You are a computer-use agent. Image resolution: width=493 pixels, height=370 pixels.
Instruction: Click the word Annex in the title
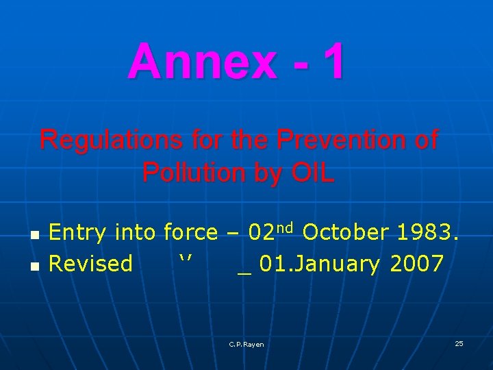click(x=202, y=61)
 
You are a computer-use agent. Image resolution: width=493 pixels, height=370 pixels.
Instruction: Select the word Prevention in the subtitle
click(x=338, y=140)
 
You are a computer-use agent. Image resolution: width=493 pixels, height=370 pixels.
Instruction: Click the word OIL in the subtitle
click(x=314, y=173)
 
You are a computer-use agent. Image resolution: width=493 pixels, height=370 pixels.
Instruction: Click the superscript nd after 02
click(x=286, y=227)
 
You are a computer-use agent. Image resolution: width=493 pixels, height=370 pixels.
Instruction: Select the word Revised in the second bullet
click(x=91, y=263)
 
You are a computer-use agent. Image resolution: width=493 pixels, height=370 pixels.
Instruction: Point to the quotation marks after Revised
click(x=186, y=259)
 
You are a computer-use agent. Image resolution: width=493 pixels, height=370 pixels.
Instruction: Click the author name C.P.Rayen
click(x=246, y=344)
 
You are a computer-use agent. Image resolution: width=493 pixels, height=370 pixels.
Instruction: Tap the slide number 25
click(x=459, y=343)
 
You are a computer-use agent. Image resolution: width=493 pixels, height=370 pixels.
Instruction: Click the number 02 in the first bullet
click(x=262, y=233)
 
